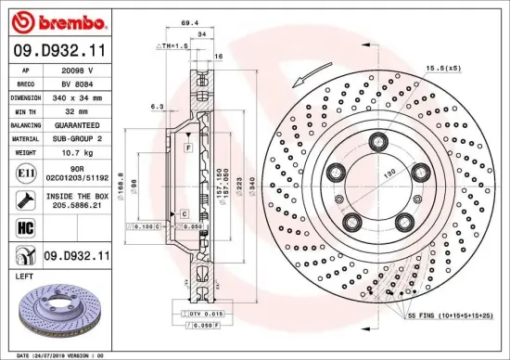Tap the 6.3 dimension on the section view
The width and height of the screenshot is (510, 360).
pos(159,107)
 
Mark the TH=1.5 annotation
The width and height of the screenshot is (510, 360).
pos(172,45)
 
